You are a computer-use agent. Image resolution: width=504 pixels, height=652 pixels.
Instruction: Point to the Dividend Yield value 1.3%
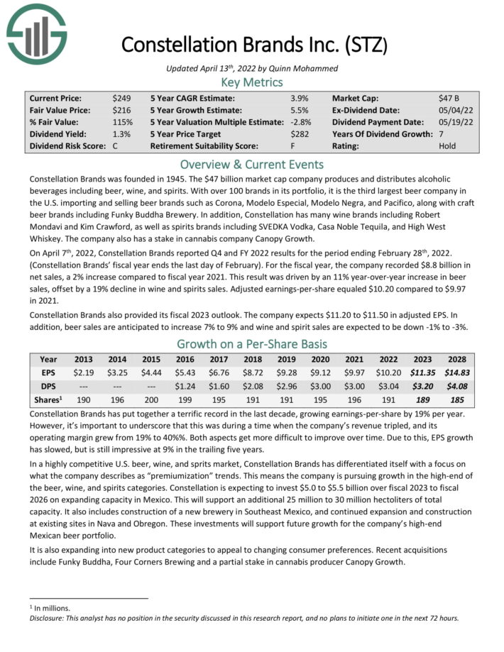point(121,134)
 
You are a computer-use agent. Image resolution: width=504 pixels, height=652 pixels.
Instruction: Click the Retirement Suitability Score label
point(210,146)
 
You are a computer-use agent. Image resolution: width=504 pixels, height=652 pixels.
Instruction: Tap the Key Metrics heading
point(252,82)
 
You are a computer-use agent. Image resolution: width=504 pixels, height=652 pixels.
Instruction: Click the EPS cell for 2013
point(84,372)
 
